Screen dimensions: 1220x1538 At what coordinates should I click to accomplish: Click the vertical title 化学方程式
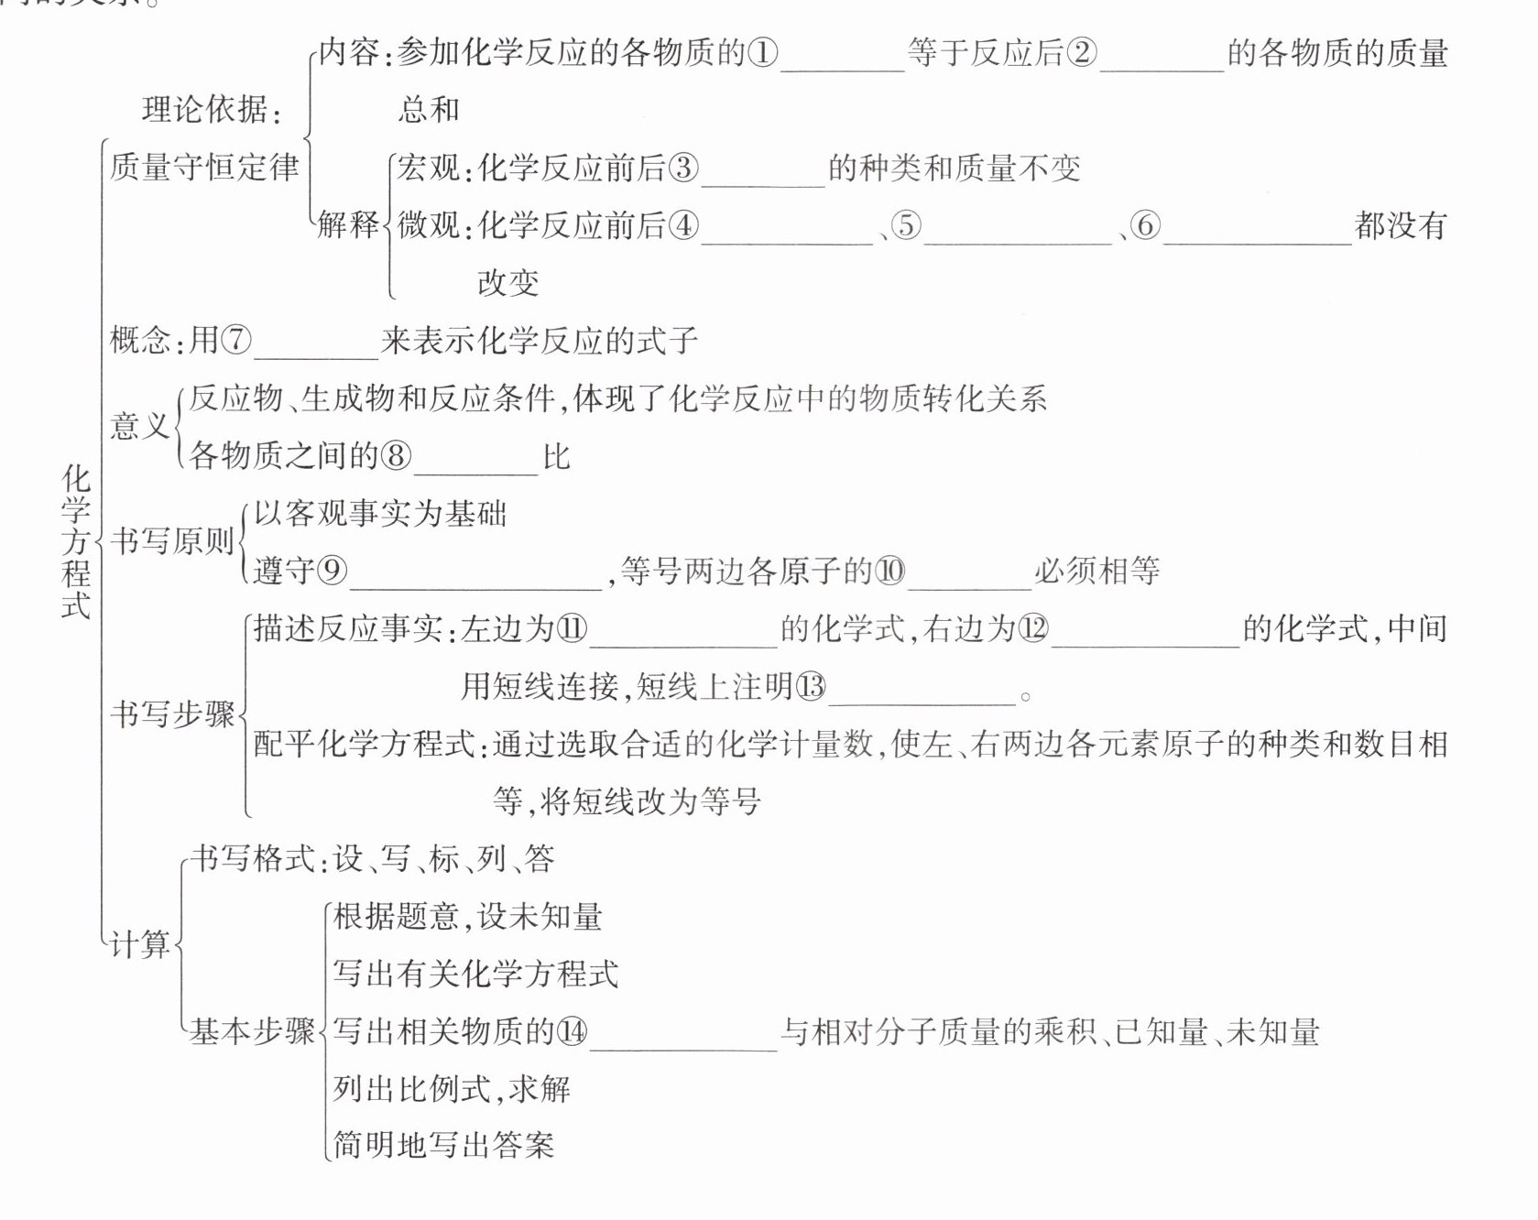[76, 541]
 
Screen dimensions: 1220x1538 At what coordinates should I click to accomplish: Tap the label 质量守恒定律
[204, 168]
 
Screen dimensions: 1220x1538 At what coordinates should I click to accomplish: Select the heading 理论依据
[210, 110]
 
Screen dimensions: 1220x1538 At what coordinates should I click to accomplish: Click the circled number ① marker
[763, 53]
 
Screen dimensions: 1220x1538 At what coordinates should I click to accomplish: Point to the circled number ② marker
[1082, 53]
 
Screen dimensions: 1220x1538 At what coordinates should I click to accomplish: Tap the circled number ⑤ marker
[906, 225]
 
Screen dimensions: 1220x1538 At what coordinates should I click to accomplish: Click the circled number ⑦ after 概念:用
[236, 341]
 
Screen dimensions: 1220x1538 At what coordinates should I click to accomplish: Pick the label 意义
[139, 426]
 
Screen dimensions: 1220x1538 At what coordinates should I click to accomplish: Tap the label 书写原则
[172, 541]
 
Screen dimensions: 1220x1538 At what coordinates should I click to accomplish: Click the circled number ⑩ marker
[890, 572]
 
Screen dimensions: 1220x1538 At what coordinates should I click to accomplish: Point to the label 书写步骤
[172, 714]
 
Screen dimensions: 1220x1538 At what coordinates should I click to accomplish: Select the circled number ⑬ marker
[811, 687]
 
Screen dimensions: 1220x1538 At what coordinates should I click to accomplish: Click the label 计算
[139, 944]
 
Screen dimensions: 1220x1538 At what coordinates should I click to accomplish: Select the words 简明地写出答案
[443, 1145]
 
